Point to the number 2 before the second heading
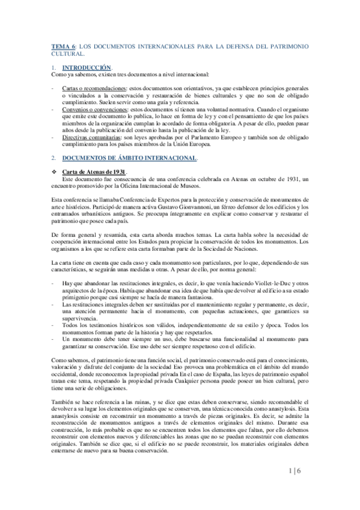[x=53, y=158]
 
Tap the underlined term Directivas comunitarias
[x=91, y=138]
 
